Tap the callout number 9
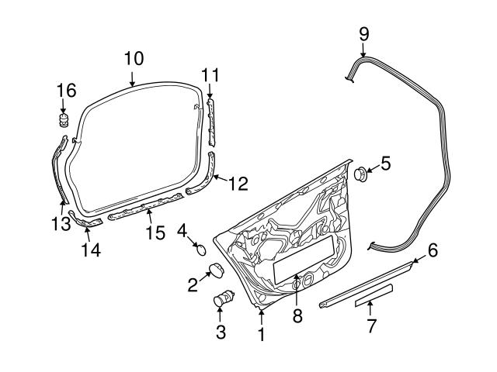click(363, 35)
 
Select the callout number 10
click(133, 59)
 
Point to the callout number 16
click(66, 91)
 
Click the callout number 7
click(371, 327)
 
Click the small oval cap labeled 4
click(200, 249)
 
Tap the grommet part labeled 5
click(361, 173)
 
